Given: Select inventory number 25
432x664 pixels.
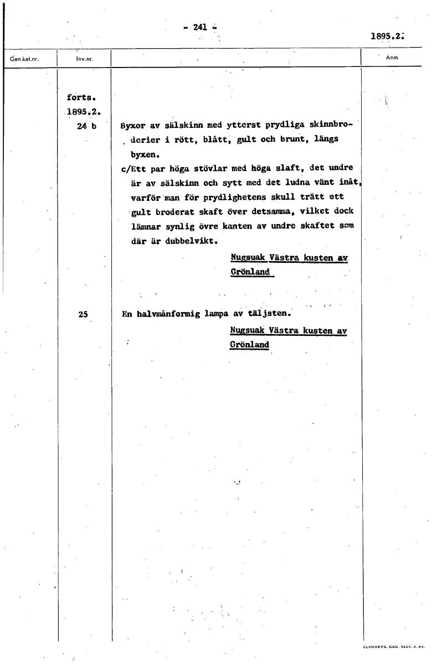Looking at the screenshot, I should tap(84, 314).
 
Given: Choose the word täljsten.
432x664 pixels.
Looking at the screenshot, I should tap(270, 313).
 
